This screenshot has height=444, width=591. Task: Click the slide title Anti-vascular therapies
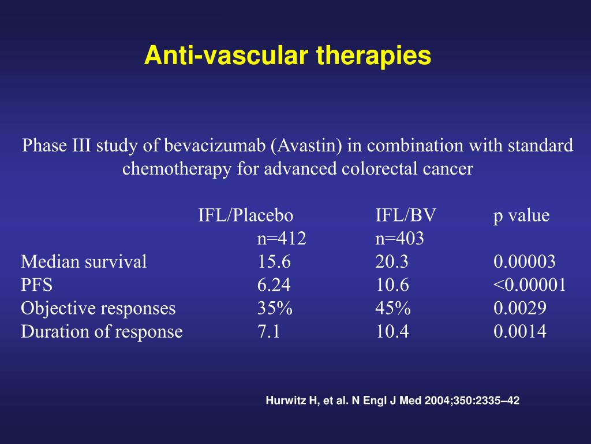[x=287, y=56]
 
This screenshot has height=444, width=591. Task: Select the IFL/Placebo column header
[x=246, y=216]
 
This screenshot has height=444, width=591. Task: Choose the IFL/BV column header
[x=406, y=216]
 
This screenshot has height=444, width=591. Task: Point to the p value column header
[x=521, y=216]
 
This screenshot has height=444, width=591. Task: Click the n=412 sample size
[x=282, y=238]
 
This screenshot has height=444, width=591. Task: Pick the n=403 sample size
[x=399, y=238]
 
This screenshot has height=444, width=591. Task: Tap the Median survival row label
[x=84, y=262]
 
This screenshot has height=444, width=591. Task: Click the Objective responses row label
[x=98, y=308]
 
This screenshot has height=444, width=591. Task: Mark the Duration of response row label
[x=102, y=331]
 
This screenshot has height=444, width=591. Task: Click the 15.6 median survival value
[x=274, y=262]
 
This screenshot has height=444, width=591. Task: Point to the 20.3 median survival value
[x=392, y=262]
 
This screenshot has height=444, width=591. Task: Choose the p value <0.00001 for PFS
[x=530, y=285]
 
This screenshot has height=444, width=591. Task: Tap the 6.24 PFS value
[x=274, y=285]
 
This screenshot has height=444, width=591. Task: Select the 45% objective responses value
[x=393, y=308]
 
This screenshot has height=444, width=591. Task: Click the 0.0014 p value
[x=519, y=331]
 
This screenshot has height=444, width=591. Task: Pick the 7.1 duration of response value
[x=269, y=331]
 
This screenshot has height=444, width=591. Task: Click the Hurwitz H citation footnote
[x=392, y=400]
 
